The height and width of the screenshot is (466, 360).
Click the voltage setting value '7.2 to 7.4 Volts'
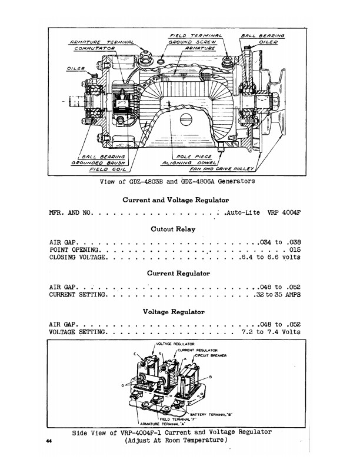[x=271, y=332]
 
